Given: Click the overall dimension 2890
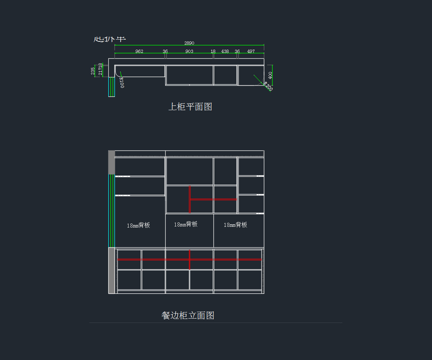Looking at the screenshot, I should [x=189, y=43].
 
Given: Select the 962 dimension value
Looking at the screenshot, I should [x=139, y=51].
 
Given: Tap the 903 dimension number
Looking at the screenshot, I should [x=189, y=51].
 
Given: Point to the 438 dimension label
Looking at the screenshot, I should [x=225, y=51].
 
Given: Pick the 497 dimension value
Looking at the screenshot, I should [x=251, y=51].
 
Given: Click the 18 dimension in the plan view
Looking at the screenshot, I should [x=213, y=51].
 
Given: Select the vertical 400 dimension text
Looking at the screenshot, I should [x=270, y=75].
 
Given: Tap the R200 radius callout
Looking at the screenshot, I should [x=268, y=86].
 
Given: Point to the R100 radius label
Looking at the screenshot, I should [x=122, y=82].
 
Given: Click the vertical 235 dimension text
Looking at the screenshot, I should [x=93, y=71].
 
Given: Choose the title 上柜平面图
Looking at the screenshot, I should [x=190, y=107].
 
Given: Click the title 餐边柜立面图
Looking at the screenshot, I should [x=188, y=316].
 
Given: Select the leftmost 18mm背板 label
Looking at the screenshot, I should [x=138, y=225].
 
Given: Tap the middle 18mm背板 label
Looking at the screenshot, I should [x=186, y=224].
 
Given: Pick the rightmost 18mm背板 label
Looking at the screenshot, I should [x=235, y=225].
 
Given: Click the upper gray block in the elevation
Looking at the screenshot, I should [x=112, y=162].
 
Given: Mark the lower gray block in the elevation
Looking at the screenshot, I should [x=112, y=270].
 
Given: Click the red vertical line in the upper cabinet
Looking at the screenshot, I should [x=190, y=199].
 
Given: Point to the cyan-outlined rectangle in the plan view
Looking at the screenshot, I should [x=112, y=87].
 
